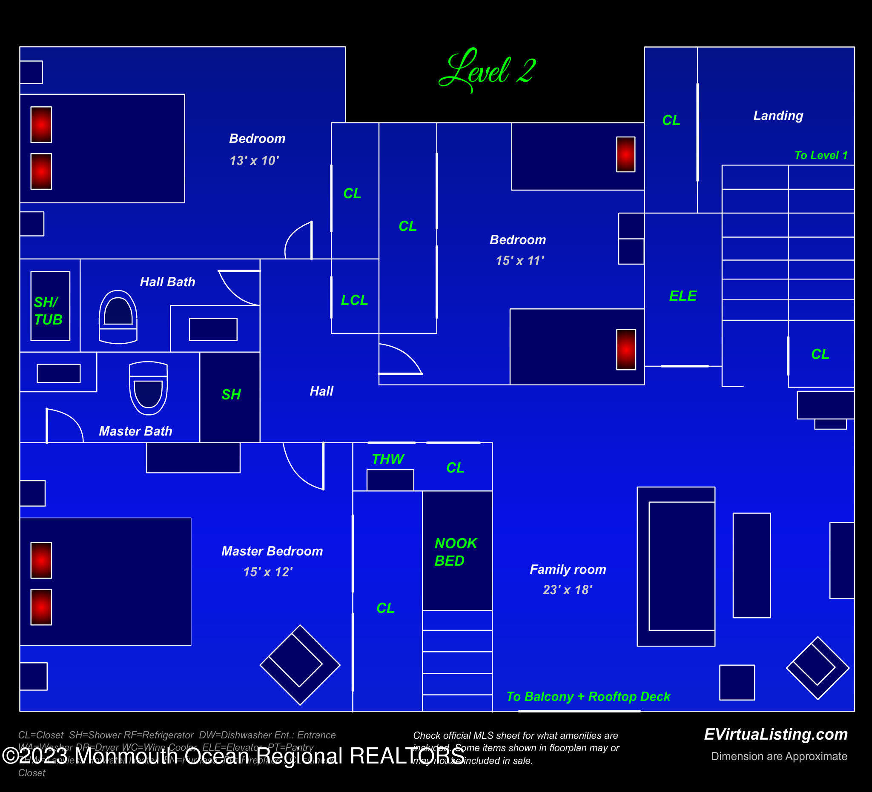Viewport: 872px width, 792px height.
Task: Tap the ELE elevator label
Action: [x=683, y=296]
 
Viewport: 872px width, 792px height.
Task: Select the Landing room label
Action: [x=778, y=115]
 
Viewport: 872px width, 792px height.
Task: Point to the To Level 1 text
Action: [x=820, y=155]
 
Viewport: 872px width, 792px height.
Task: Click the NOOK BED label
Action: [x=455, y=552]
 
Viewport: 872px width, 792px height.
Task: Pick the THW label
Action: [x=387, y=459]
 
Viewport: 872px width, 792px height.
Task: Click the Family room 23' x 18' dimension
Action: [x=568, y=590]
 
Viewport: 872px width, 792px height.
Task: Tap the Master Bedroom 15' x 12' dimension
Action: [x=268, y=572]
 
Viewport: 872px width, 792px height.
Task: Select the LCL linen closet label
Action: [x=354, y=300]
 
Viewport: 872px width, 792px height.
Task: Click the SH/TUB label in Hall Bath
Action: [x=48, y=311]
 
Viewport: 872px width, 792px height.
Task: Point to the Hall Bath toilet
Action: [x=118, y=317]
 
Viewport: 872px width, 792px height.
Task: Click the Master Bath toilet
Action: [x=148, y=387]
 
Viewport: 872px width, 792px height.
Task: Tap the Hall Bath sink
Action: [x=213, y=329]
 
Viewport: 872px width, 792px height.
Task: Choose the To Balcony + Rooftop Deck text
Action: [x=588, y=697]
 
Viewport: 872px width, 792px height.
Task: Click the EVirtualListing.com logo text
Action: [x=775, y=734]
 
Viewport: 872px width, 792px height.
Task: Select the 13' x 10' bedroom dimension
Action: [x=254, y=161]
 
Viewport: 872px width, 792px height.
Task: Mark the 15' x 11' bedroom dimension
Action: [x=519, y=261]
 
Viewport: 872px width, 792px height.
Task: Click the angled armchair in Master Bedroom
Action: [x=299, y=665]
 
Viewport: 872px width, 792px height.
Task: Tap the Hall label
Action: [x=321, y=391]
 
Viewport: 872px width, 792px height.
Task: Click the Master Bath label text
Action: [x=135, y=431]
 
